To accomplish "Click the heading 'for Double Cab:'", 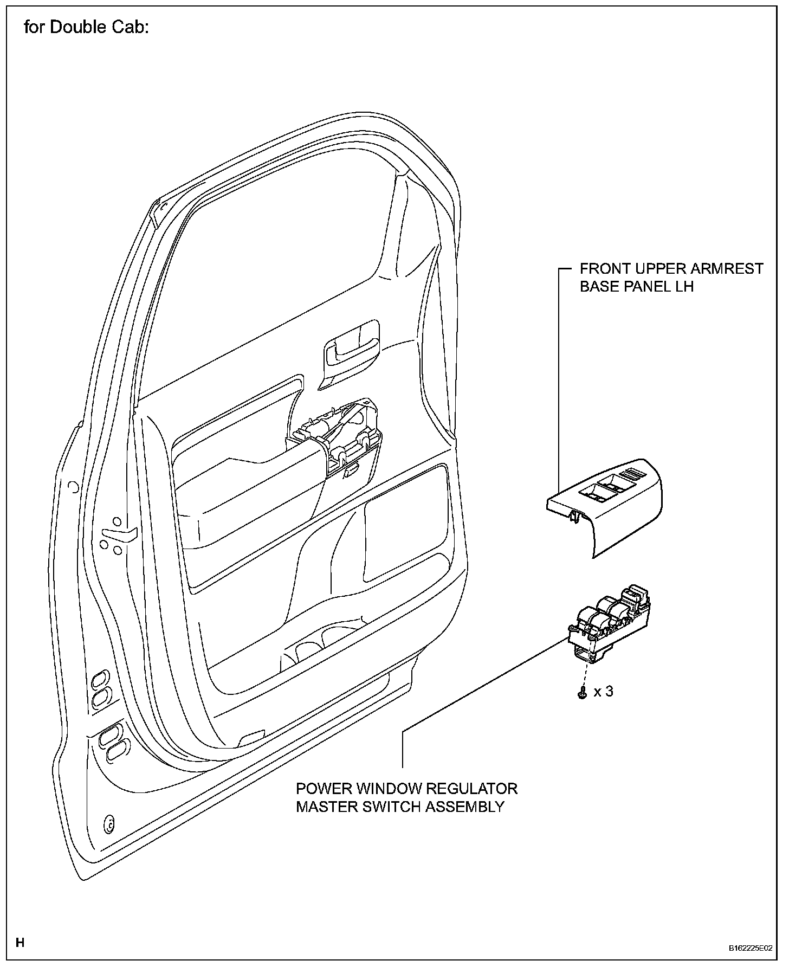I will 86,28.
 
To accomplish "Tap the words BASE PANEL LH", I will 637,287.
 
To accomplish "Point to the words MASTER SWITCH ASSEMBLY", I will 400,807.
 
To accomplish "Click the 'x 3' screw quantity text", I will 603,692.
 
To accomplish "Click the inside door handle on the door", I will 350,350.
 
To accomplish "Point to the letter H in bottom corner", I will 20,942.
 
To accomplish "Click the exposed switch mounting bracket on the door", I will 339,434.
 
